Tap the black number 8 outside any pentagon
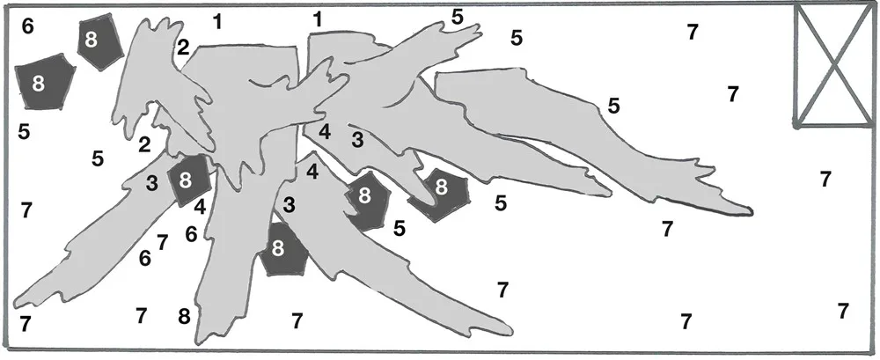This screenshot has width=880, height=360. click(184, 317)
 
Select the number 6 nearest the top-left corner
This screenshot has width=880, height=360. click(27, 26)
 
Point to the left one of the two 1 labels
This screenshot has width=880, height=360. click(217, 22)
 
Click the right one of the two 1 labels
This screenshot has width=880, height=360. click(318, 20)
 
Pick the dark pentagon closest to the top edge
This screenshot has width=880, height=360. click(99, 41)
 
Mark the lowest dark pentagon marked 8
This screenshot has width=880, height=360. click(284, 249)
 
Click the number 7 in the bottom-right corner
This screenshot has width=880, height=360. click(842, 311)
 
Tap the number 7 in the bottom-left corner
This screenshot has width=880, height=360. click(25, 324)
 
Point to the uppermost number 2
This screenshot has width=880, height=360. click(183, 48)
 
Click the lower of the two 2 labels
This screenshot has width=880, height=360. click(144, 145)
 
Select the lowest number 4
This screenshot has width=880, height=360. click(200, 207)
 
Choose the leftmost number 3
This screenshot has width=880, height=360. click(151, 183)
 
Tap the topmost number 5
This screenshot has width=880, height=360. click(458, 18)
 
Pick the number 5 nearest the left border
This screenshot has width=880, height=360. click(24, 131)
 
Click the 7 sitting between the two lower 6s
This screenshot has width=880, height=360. click(162, 243)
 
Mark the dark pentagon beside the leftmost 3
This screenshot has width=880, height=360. click(188, 180)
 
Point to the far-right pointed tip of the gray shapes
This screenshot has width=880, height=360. click(751, 213)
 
